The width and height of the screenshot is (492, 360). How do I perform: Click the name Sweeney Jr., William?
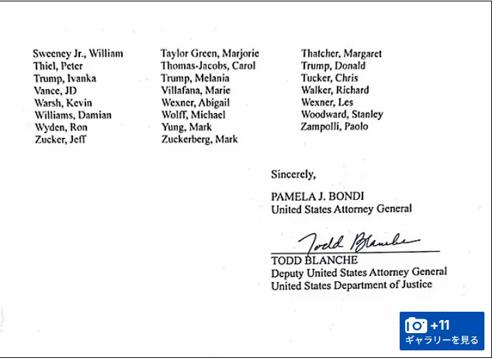pyautogui.click(x=78, y=54)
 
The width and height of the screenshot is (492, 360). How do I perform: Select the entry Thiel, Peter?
pyautogui.click(x=58, y=66)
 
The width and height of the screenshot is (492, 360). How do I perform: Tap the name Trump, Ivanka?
pyautogui.click(x=65, y=79)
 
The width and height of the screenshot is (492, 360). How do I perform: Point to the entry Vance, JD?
pyautogui.click(x=55, y=90)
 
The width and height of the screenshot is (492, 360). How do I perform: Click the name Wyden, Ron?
pyautogui.click(x=61, y=128)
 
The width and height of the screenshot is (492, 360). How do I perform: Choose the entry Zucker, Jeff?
pyautogui.click(x=61, y=140)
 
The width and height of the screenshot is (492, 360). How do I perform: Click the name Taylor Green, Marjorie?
pyautogui.click(x=209, y=54)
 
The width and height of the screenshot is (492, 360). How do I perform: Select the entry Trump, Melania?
pyautogui.click(x=195, y=79)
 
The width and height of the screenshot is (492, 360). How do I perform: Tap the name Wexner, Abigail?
pyautogui.click(x=195, y=103)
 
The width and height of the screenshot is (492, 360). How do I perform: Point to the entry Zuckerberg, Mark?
pyautogui.click(x=199, y=139)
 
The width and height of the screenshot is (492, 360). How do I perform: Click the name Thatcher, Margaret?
pyautogui.click(x=341, y=54)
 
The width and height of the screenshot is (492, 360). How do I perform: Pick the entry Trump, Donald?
pyautogui.click(x=333, y=66)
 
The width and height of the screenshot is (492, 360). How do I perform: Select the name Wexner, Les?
pyautogui.click(x=327, y=103)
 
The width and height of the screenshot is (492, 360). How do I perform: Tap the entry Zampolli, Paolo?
pyautogui.click(x=334, y=127)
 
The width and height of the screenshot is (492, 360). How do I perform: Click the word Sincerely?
pyautogui.click(x=293, y=175)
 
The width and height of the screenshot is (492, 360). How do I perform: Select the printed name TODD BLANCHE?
pyautogui.click(x=314, y=261)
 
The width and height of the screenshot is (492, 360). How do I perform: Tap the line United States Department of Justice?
pyautogui.click(x=351, y=285)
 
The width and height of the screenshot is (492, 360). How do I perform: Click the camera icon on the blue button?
pyautogui.click(x=416, y=326)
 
